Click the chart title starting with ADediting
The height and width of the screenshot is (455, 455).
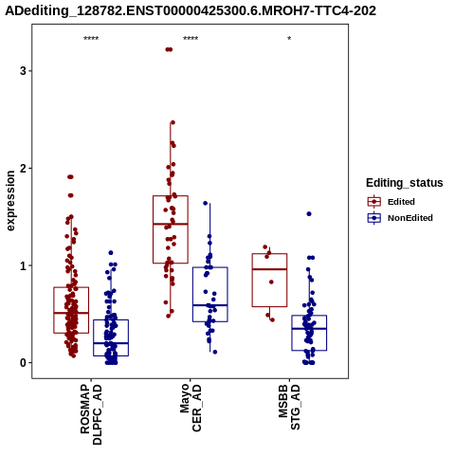click(191, 10)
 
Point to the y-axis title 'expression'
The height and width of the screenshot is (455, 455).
click(10, 201)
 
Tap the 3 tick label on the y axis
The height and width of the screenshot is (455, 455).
click(23, 71)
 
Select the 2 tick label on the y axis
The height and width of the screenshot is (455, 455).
click(23, 168)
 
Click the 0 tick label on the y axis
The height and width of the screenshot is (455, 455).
click(23, 363)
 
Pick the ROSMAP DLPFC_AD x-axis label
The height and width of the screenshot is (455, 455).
click(91, 414)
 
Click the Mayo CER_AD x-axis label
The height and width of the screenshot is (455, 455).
click(191, 408)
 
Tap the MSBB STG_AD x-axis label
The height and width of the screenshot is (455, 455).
click(289, 407)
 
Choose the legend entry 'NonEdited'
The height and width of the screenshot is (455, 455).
click(400, 218)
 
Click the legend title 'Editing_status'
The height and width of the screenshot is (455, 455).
click(405, 183)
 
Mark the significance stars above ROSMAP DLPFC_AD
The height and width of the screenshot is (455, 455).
click(91, 39)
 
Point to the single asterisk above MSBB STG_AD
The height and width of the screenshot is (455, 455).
click(289, 39)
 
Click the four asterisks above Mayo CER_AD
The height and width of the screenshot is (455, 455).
click(191, 39)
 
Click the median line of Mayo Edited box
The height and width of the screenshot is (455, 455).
click(171, 224)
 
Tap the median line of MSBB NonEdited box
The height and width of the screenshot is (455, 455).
click(309, 329)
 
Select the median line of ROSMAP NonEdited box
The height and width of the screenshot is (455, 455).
click(111, 343)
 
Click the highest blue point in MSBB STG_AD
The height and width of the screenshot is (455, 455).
click(309, 214)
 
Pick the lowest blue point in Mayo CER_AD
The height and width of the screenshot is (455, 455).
click(215, 352)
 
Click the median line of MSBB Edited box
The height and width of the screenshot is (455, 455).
click(269, 269)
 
